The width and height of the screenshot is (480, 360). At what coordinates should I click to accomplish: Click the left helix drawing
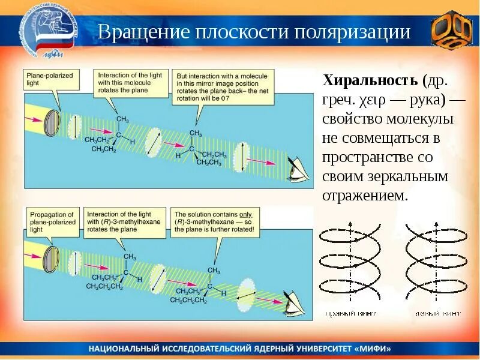pos(349,262)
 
